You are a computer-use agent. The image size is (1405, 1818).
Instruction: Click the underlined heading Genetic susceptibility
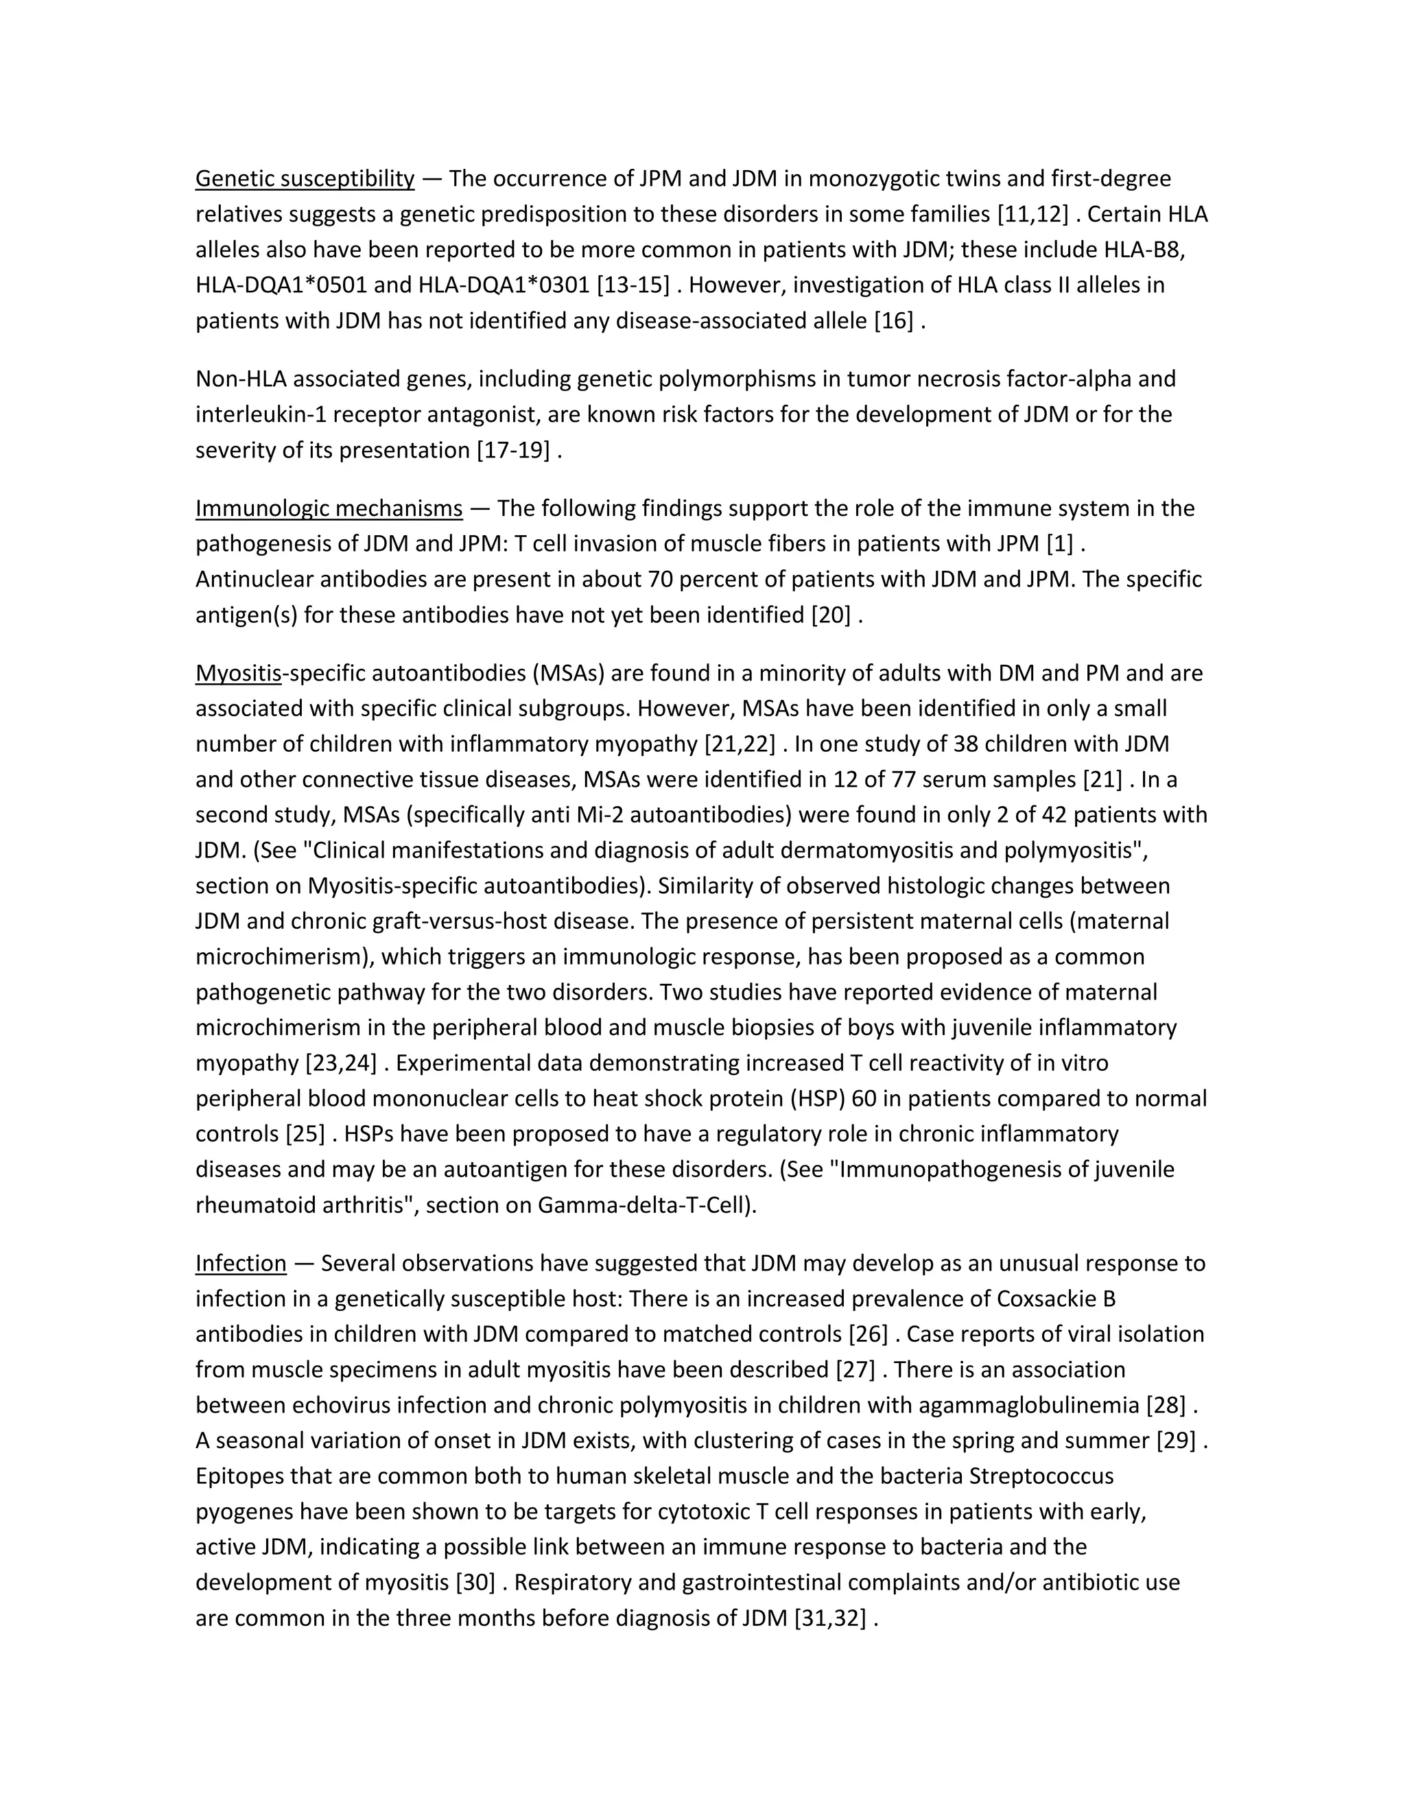pos(305,179)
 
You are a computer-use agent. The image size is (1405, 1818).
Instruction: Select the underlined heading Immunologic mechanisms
pos(329,508)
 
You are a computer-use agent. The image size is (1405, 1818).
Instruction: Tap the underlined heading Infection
pos(241,1264)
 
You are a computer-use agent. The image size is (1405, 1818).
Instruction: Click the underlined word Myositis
pos(239,674)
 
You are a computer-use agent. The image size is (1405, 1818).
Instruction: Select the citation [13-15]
pos(633,285)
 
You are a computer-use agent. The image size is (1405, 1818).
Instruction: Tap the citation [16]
pos(893,321)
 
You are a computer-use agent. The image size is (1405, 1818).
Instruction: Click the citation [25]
pos(301,1135)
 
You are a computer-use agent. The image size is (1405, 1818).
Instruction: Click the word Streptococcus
pos(1041,1477)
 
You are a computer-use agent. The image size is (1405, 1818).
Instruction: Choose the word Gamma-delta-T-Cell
pos(644,1205)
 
